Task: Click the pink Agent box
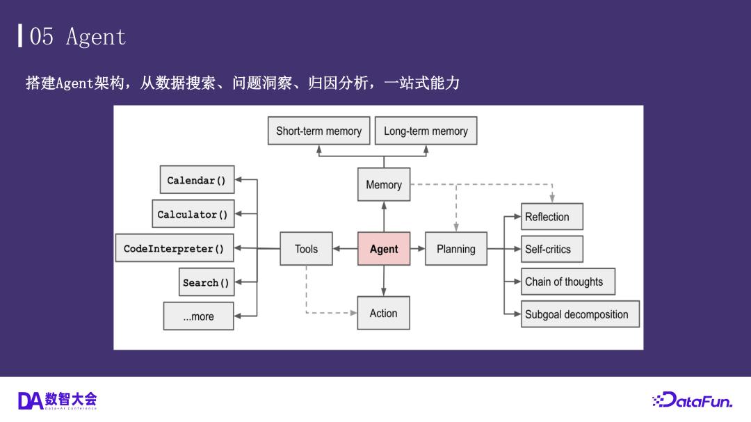pyautogui.click(x=384, y=249)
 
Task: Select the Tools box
pyautogui.click(x=306, y=249)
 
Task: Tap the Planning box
pyautogui.click(x=456, y=249)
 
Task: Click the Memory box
pyautogui.click(x=384, y=184)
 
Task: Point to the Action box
pyautogui.click(x=383, y=313)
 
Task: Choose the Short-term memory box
pyautogui.click(x=318, y=131)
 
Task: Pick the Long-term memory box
pyautogui.click(x=426, y=131)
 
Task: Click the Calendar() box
pyautogui.click(x=197, y=180)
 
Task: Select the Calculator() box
pyautogui.click(x=193, y=214)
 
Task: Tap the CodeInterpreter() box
pyautogui.click(x=174, y=249)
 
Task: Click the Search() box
pyautogui.click(x=206, y=282)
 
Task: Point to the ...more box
pyautogui.click(x=198, y=316)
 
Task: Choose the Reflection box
pyautogui.click(x=552, y=217)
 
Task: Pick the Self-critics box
pyautogui.click(x=552, y=249)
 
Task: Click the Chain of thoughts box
pyautogui.click(x=568, y=282)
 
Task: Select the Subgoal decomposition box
pyautogui.click(x=580, y=314)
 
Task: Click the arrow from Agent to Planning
pyautogui.click(x=418, y=249)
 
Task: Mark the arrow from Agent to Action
pyautogui.click(x=384, y=281)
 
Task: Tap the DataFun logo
pyautogui.click(x=693, y=400)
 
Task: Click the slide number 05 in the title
pyautogui.click(x=42, y=36)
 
